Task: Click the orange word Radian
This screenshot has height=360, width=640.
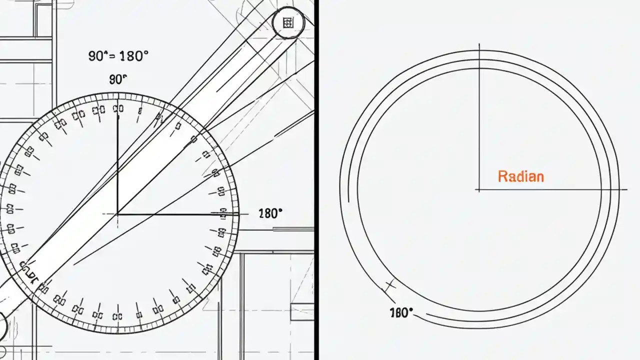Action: pyautogui.click(x=520, y=176)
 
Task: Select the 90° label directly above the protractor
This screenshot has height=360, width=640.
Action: pyautogui.click(x=118, y=79)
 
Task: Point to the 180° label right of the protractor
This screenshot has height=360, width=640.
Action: pyautogui.click(x=270, y=213)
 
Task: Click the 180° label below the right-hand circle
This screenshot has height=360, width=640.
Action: pyautogui.click(x=401, y=313)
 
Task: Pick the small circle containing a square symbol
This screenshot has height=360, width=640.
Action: pyautogui.click(x=287, y=22)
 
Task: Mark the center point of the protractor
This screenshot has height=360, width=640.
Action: pyautogui.click(x=117, y=214)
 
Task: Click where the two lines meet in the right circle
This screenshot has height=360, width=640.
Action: pyautogui.click(x=479, y=190)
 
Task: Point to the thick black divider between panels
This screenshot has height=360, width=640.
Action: pyautogui.click(x=316, y=180)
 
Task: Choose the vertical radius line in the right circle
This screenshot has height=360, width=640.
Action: pyautogui.click(x=479, y=120)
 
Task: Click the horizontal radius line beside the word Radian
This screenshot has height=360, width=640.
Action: pyautogui.click(x=550, y=190)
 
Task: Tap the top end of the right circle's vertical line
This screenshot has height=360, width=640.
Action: pyautogui.click(x=479, y=45)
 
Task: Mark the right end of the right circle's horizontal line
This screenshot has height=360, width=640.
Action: pyautogui.click(x=626, y=190)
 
